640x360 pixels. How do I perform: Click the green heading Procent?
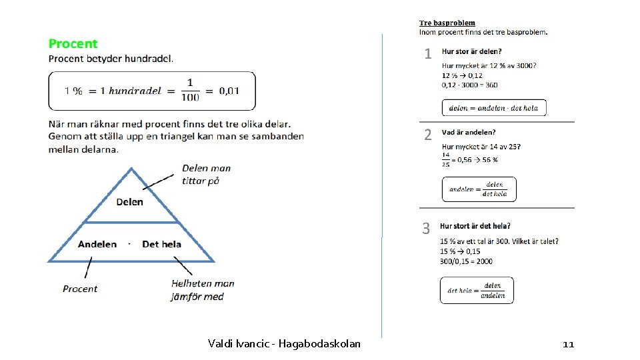(73, 44)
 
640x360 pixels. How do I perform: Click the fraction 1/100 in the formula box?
(189, 91)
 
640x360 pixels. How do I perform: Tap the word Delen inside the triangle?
(129, 201)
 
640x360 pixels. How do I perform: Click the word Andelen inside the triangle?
(97, 244)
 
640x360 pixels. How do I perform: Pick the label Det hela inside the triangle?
(161, 244)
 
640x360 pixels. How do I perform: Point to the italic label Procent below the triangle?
(80, 289)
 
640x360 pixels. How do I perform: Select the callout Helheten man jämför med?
(203, 290)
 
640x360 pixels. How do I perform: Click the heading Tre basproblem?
(447, 23)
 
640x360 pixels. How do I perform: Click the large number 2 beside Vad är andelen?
(428, 135)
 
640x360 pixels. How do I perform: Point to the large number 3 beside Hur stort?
(426, 229)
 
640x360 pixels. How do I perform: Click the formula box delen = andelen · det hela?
(493, 108)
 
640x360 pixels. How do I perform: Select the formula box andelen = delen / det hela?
(479, 189)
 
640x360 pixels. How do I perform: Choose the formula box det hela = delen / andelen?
(477, 291)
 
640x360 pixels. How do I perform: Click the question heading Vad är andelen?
(469, 133)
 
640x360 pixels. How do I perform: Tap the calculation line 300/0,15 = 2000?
(466, 261)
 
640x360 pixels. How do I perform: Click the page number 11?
(568, 344)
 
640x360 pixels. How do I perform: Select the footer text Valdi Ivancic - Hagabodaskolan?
(284, 344)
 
